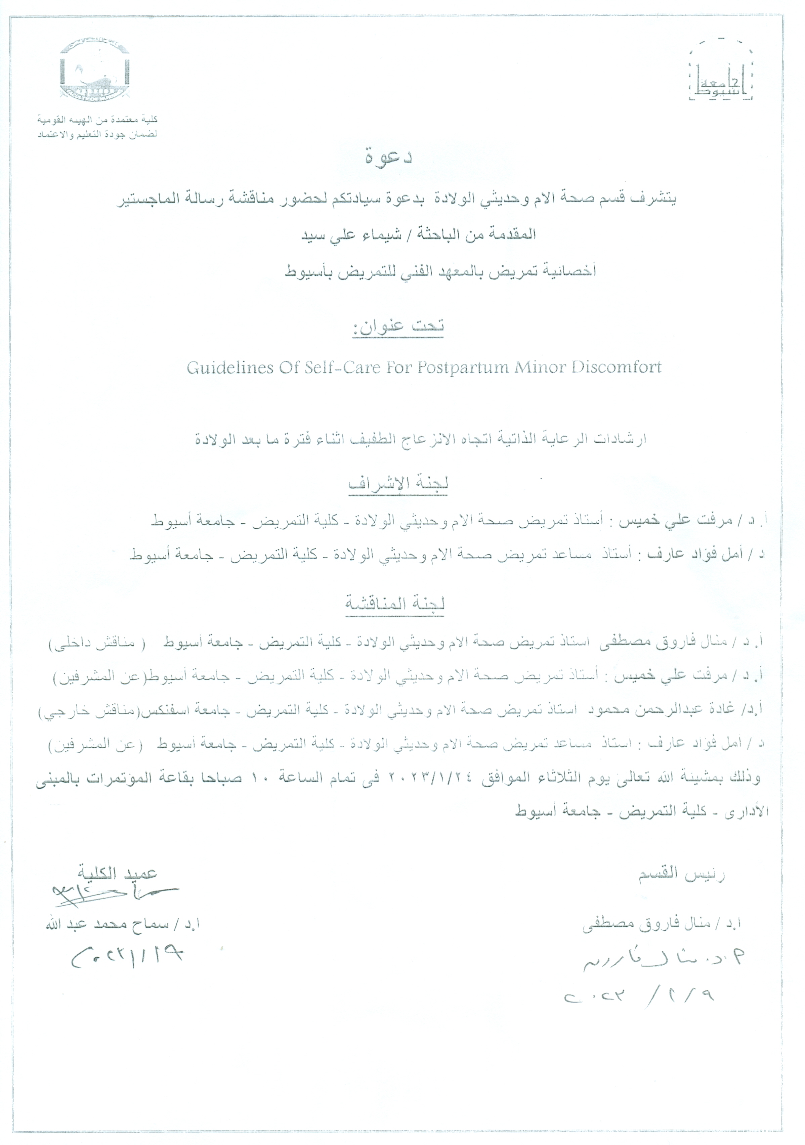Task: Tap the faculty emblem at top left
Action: coord(95,70)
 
